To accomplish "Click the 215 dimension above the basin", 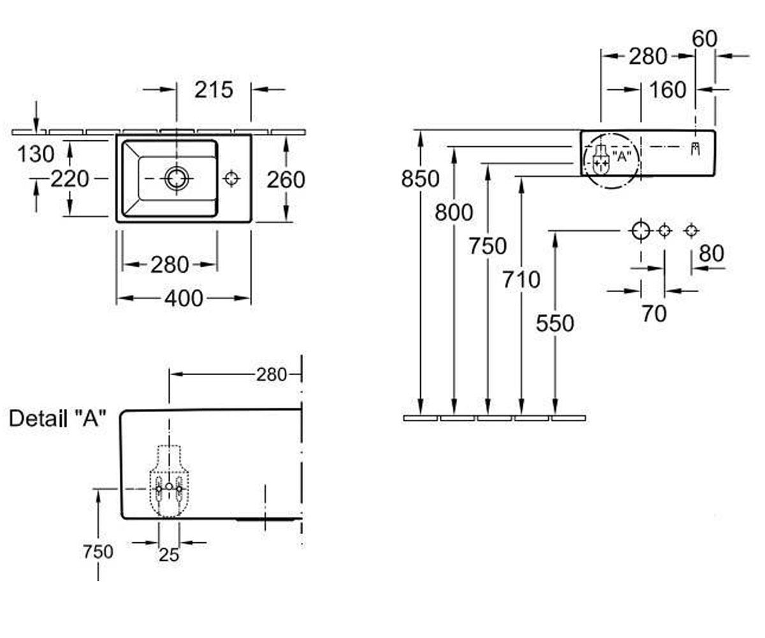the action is (x=214, y=90).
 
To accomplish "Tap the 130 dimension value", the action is (x=36, y=154).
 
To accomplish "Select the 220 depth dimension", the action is (x=69, y=179).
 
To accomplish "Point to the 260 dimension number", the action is (x=286, y=180).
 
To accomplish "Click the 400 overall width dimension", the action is (x=184, y=298).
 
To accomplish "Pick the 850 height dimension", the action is (x=420, y=179).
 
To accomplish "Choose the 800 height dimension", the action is (x=454, y=212).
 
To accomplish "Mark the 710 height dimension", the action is (x=521, y=280).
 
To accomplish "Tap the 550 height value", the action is (x=555, y=323).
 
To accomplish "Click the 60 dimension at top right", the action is (x=704, y=38).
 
